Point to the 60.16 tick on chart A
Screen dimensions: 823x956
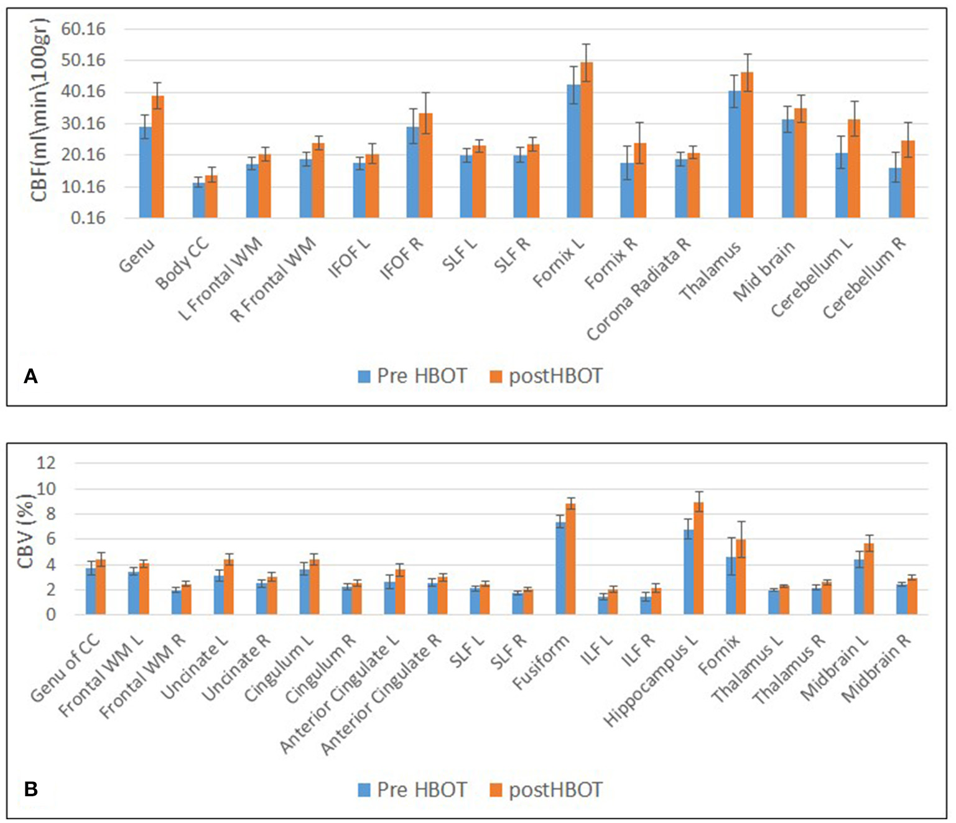tap(83, 29)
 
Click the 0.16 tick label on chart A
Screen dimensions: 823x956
tap(88, 218)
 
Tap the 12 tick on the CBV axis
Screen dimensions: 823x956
tap(45, 463)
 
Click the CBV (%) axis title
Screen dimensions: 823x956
tap(25, 531)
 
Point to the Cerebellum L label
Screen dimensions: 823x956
tap(812, 277)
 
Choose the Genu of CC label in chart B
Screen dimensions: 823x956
tap(65, 669)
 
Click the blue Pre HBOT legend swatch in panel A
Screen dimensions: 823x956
tap(364, 376)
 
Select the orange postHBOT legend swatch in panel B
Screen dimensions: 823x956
tap(496, 790)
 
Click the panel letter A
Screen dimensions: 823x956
tap(30, 376)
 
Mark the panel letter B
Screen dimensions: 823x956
tap(30, 789)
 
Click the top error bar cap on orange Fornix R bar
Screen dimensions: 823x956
tap(639, 123)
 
